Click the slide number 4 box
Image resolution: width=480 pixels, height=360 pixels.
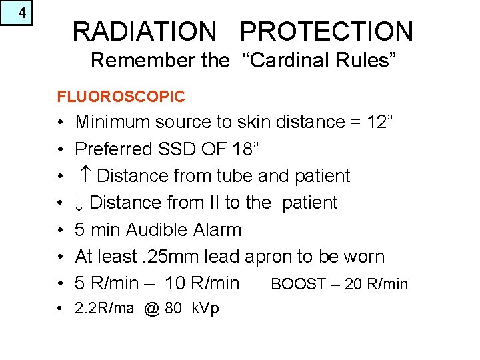coord(17,13)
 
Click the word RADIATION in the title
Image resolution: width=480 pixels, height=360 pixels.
coord(144,31)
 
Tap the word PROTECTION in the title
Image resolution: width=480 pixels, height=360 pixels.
coord(327,31)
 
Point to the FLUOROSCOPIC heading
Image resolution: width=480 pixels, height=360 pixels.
coord(121,97)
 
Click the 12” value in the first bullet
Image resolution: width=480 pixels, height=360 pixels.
coord(381,122)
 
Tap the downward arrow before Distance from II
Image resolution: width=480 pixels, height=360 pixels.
coord(79,203)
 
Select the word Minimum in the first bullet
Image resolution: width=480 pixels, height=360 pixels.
coord(113,122)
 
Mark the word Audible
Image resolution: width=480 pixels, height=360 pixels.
coord(157,230)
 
